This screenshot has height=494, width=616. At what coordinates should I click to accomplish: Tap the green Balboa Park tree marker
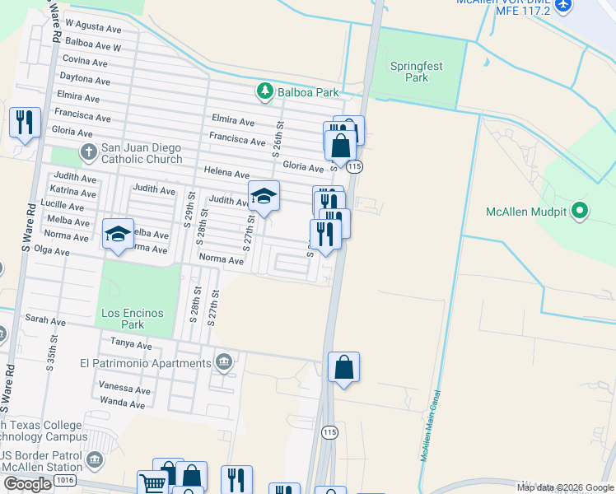click(x=265, y=91)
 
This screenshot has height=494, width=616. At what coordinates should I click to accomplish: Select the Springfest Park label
click(x=417, y=71)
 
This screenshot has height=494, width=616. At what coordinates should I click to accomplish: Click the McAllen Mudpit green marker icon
click(x=580, y=212)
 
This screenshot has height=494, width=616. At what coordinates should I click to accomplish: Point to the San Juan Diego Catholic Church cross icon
click(x=90, y=151)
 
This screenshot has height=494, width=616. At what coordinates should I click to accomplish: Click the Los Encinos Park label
click(x=133, y=319)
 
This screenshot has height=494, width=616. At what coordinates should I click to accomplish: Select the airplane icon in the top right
click(x=563, y=5)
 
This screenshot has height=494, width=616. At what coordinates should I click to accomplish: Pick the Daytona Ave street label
click(x=85, y=81)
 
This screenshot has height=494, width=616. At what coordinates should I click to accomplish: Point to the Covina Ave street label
click(x=85, y=62)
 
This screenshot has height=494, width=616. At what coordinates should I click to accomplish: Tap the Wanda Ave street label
click(x=122, y=403)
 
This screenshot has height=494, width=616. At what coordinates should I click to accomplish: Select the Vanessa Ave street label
click(x=125, y=389)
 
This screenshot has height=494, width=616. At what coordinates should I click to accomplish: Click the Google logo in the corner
click(x=27, y=484)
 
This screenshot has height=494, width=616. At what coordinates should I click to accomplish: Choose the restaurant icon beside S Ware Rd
click(x=25, y=123)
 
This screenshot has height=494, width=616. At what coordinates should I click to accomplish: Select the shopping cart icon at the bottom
click(x=152, y=484)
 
